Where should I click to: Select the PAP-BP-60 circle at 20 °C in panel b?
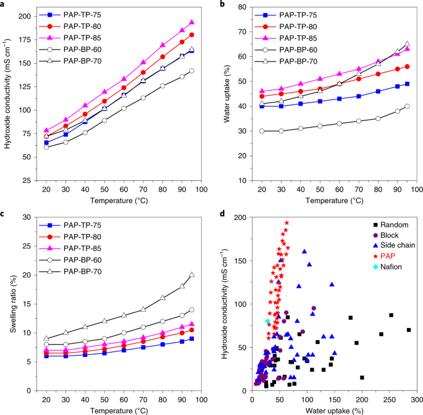[261, 131]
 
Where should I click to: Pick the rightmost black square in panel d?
[409, 330]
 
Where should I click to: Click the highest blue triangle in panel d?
[304, 252]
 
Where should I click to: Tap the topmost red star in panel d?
[287, 223]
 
